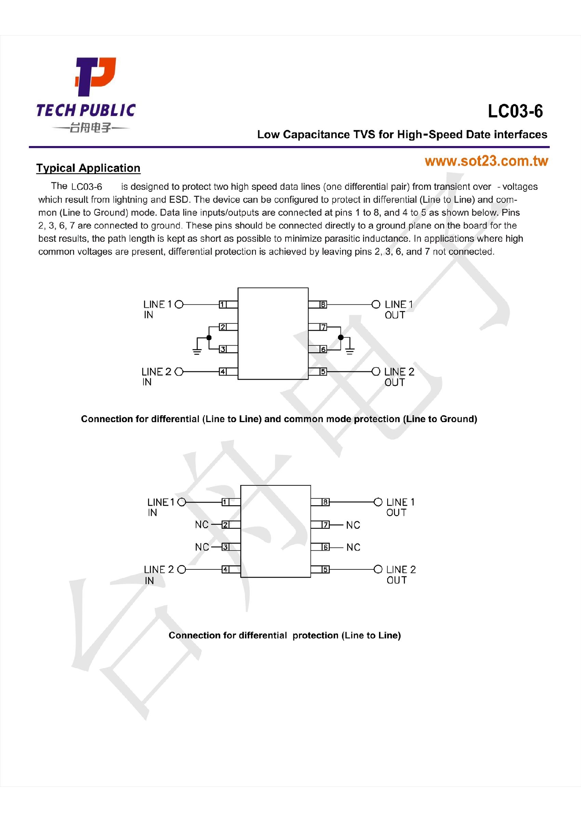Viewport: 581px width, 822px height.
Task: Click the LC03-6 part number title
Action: pyautogui.click(x=515, y=111)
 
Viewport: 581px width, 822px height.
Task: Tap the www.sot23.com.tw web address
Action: pyautogui.click(x=486, y=161)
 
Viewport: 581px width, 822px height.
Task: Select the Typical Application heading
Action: pyautogui.click(x=88, y=168)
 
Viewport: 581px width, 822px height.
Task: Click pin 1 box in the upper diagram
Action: pyautogui.click(x=223, y=305)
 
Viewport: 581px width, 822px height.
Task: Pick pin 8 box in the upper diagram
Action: pyautogui.click(x=323, y=305)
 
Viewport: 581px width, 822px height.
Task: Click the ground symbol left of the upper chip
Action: pyautogui.click(x=197, y=350)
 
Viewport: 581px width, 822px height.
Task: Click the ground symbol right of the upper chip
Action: pyautogui.click(x=350, y=349)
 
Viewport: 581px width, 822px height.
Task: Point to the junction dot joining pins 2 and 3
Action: pyautogui.click(x=209, y=338)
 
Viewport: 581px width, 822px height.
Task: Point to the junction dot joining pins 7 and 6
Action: pyautogui.click(x=341, y=337)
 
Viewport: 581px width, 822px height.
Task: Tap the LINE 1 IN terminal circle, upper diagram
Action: pyautogui.click(x=179, y=305)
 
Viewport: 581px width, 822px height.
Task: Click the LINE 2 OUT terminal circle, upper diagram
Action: pyautogui.click(x=375, y=371)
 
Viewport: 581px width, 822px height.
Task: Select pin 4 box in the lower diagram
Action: pyautogui.click(x=225, y=569)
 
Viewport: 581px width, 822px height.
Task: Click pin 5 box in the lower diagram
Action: pyautogui.click(x=325, y=569)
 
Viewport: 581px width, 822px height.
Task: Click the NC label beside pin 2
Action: pyautogui.click(x=202, y=524)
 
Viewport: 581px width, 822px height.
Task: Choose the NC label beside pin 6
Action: pyautogui.click(x=353, y=547)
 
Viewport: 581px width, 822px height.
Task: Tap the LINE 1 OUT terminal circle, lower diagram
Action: pyautogui.click(x=378, y=502)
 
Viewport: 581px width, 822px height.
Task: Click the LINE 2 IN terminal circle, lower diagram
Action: pyautogui.click(x=181, y=569)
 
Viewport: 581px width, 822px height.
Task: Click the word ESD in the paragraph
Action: pyautogui.click(x=179, y=200)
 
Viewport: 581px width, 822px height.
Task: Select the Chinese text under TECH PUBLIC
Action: pyautogui.click(x=90, y=128)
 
